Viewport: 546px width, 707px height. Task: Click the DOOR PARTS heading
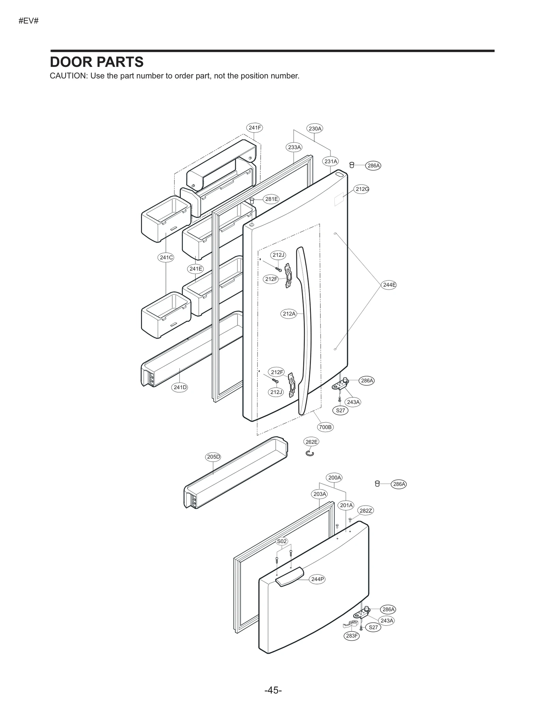pos(97,62)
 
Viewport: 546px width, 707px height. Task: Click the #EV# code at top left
pos(29,21)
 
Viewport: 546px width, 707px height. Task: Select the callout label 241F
pos(255,128)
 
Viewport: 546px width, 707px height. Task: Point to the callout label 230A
pos(315,129)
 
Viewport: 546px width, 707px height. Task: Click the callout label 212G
pos(362,189)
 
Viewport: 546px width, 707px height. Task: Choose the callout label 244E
pos(389,285)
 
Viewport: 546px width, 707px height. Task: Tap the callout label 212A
pos(289,314)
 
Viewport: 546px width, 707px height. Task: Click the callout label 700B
pos(325,427)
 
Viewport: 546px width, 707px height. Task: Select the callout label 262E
pos(311,442)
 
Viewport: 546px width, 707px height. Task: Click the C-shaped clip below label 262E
pos(310,453)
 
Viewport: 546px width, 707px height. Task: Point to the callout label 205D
pos(214,457)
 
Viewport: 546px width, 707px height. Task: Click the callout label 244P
pos(317,579)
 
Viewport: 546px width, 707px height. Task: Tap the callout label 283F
pos(352,636)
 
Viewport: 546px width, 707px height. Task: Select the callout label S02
pos(282,541)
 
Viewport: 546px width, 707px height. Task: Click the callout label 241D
pos(180,387)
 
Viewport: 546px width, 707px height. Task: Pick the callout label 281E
pos(272,199)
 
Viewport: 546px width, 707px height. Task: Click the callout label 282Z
pos(365,511)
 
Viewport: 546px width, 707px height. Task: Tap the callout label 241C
pos(166,257)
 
